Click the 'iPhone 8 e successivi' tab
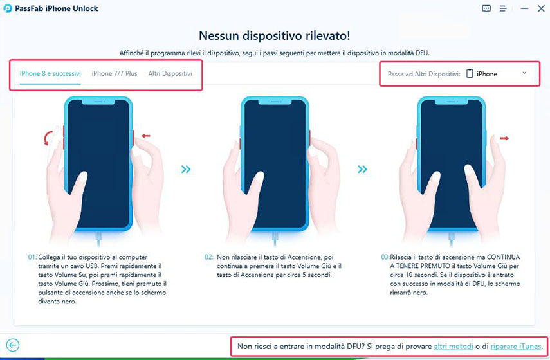tap(50, 74)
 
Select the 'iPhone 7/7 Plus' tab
tap(115, 74)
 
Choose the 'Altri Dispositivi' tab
tap(170, 74)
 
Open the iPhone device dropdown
tap(496, 74)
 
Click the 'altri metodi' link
tap(454, 346)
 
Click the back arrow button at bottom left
tap(12, 345)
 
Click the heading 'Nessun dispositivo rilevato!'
tap(274, 35)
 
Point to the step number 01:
tap(32, 256)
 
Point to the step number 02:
tap(209, 256)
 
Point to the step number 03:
tap(385, 256)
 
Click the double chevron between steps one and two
tap(186, 170)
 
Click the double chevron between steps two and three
tap(363, 170)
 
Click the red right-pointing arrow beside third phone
tap(504, 138)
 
